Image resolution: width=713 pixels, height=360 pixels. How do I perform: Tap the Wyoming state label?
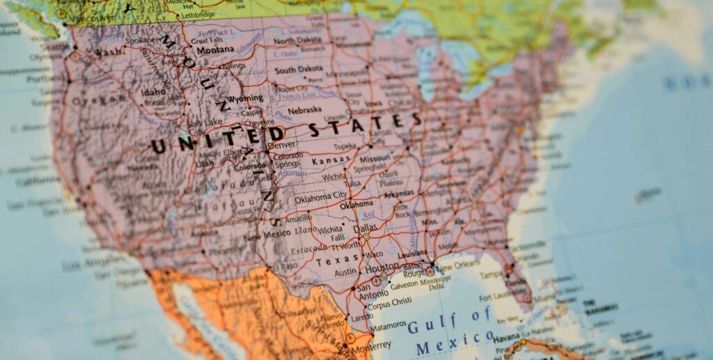click(x=246, y=98)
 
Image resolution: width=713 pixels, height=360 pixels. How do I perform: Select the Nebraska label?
click(x=305, y=109)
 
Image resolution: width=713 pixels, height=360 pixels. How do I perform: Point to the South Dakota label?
click(x=299, y=70)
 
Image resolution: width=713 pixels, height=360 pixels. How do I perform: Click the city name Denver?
click(x=282, y=145)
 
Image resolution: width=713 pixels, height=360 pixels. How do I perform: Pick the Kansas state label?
click(x=331, y=161)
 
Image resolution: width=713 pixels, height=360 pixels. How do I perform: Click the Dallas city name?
click(x=365, y=228)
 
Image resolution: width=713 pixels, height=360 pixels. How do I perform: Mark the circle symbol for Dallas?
click(x=367, y=237)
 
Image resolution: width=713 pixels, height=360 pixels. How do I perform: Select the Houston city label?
click(x=382, y=267)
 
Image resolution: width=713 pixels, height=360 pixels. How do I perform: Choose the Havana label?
click(x=508, y=339)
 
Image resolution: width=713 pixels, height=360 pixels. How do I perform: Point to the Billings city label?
click(x=233, y=66)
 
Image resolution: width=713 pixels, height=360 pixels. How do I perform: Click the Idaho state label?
click(x=154, y=92)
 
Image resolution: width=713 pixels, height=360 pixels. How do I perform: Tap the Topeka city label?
click(x=345, y=148)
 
